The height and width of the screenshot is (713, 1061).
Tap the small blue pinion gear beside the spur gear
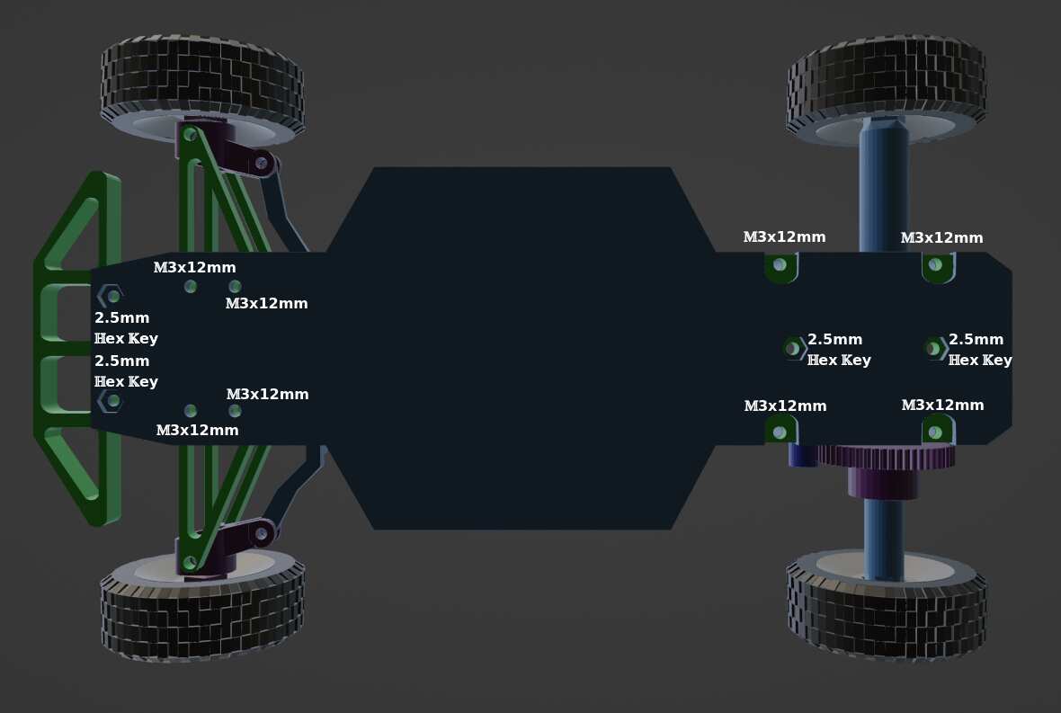point(802,455)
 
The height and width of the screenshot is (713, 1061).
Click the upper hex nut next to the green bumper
point(111,295)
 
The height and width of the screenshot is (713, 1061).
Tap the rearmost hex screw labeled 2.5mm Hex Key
point(934,348)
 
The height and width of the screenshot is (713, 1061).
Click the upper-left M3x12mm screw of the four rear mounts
point(780,264)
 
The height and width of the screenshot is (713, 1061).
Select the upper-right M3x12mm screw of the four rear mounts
point(936,264)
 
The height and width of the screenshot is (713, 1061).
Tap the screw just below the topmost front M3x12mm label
point(191,287)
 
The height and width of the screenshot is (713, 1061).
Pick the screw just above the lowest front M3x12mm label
point(191,411)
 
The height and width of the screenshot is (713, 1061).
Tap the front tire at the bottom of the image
point(201,611)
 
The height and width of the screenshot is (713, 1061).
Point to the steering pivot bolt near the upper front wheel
point(262,163)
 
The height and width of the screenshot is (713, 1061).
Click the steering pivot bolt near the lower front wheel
point(262,533)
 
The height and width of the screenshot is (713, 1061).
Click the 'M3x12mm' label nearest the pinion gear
point(785,406)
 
